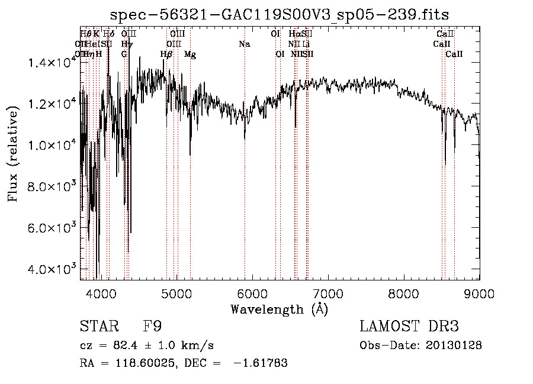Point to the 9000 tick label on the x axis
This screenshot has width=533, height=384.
[479, 293]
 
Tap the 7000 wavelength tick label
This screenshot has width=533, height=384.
[328, 293]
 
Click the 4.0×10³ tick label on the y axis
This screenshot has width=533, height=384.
[52, 269]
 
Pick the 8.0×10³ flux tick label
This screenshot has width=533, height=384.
[52, 187]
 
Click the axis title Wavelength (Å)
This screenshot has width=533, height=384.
[279, 309]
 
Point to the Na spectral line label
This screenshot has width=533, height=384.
[245, 44]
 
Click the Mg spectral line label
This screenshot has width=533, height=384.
[190, 54]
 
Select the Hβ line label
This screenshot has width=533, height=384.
[166, 54]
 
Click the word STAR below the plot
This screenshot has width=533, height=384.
[97, 327]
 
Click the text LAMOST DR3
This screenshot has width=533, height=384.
[409, 327]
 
